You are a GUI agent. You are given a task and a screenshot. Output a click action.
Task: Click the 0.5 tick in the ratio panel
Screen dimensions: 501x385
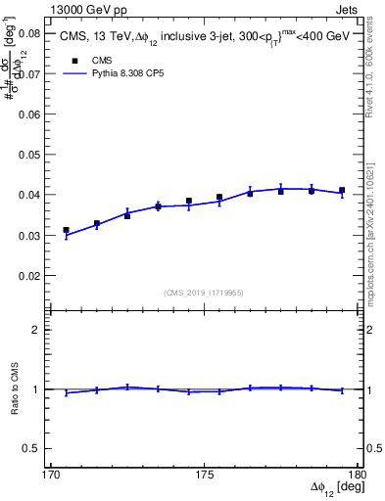point(33,448)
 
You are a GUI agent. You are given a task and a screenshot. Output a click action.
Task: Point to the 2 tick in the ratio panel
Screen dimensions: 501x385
point(38,330)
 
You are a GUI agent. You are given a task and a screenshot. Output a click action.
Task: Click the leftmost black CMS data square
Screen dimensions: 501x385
point(67,230)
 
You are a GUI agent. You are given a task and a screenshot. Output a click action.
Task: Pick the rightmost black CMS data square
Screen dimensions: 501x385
point(342,190)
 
